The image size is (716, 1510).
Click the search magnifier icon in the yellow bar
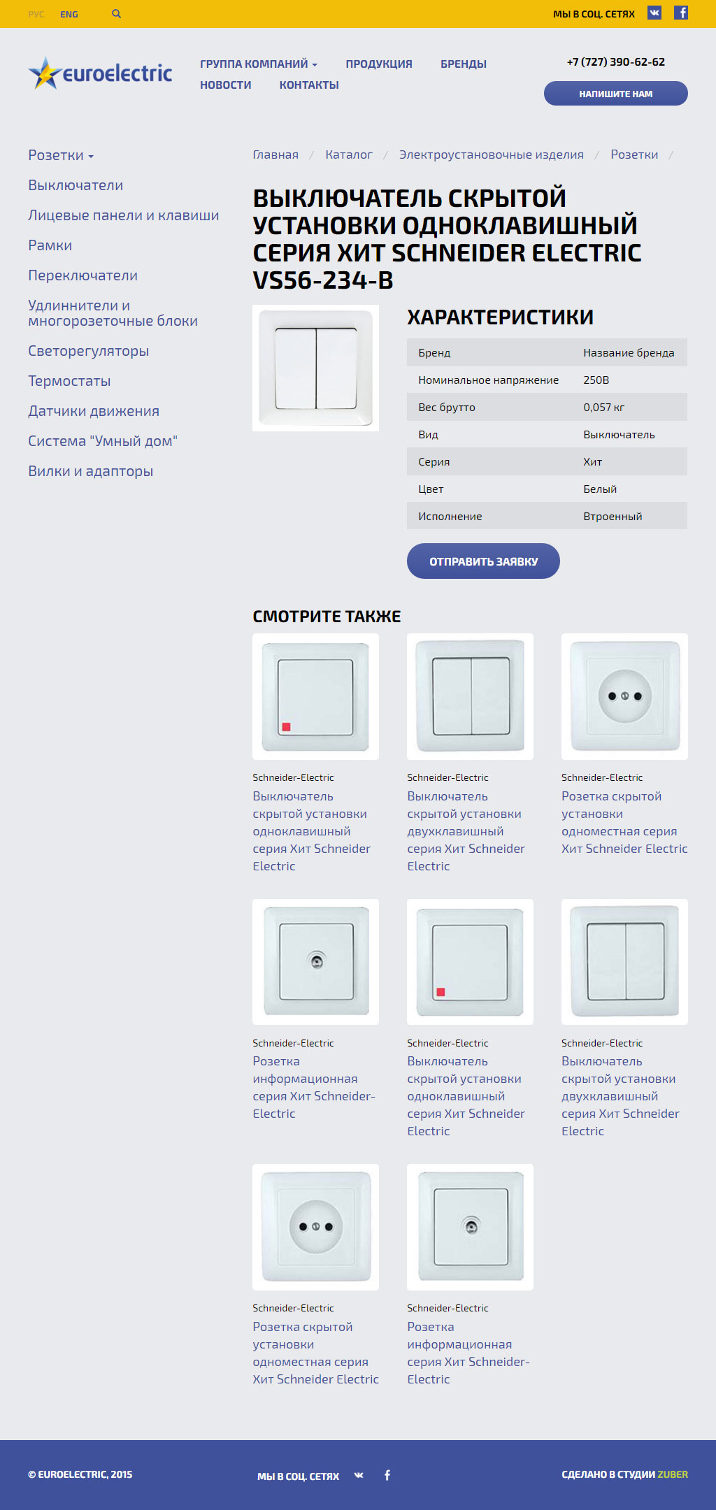point(117,14)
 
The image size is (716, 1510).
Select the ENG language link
point(69,14)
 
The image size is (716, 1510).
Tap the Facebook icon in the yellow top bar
point(681,13)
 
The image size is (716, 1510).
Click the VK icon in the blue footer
point(359,1475)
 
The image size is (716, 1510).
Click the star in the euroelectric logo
point(44,73)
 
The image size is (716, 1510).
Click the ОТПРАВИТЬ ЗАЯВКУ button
point(483,561)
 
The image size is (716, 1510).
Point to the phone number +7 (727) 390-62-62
point(615,62)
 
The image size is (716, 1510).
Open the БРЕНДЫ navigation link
point(463,64)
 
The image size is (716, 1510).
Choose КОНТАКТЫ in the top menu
point(309,85)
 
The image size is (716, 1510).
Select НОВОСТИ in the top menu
point(225,85)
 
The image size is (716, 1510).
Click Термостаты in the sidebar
point(69,381)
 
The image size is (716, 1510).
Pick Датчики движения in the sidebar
point(94,411)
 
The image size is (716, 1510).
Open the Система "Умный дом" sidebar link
point(103,441)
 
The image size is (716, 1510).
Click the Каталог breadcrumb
point(348,154)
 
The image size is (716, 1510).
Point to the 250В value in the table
point(596,380)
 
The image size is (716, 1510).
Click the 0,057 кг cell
point(604,408)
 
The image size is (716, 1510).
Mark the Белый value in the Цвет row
point(600,489)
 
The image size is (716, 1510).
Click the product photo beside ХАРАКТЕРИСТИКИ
point(315,368)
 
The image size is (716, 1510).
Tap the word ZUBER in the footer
point(673,1474)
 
